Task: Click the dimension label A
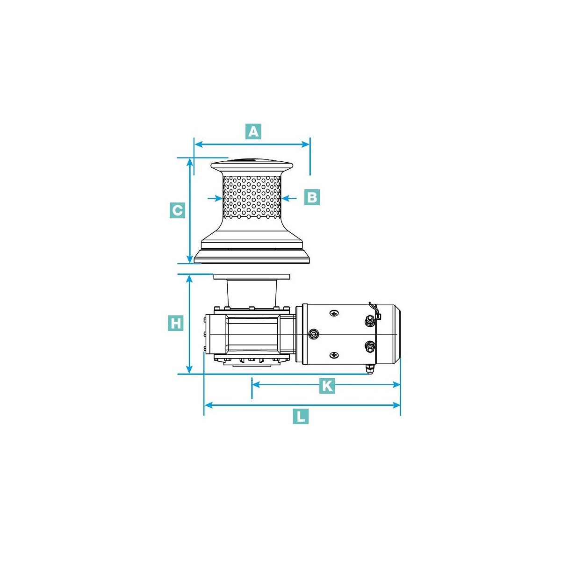tap(253, 132)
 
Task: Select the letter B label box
tap(311, 197)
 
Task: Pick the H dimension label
tap(175, 323)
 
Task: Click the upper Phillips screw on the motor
tap(334, 313)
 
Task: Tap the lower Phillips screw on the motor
tap(334, 355)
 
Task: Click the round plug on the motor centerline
tap(313, 334)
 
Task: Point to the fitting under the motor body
tap(369, 369)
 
